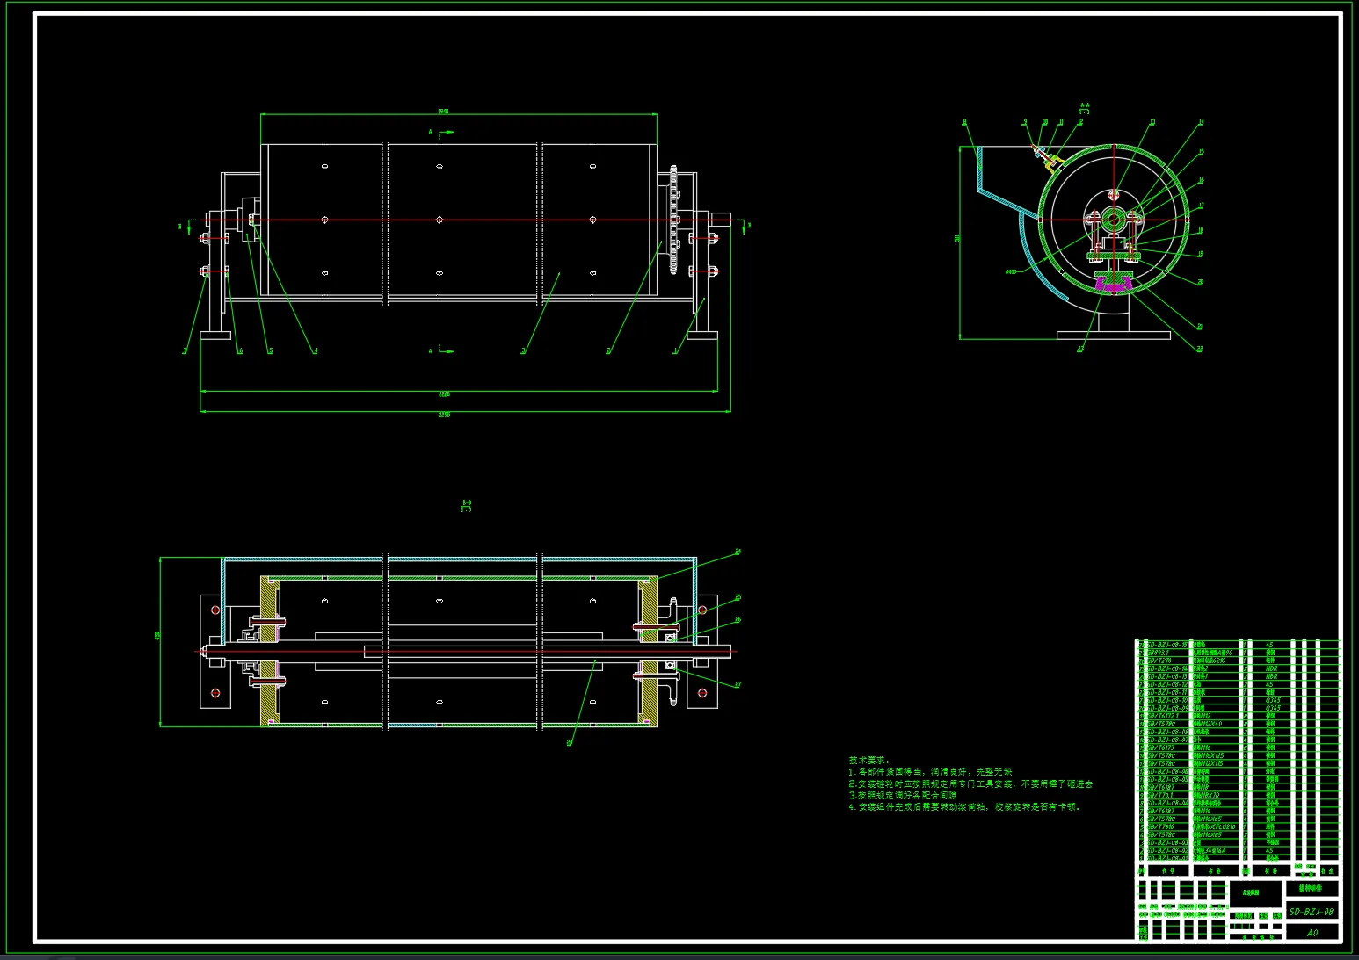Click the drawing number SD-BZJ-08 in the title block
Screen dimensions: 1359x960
click(1312, 912)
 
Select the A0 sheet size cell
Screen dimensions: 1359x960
click(1312, 933)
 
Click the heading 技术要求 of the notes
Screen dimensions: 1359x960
click(868, 761)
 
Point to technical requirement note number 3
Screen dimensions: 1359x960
click(906, 795)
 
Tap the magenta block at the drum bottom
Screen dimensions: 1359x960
click(1112, 283)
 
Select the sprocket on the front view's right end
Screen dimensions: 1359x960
click(674, 220)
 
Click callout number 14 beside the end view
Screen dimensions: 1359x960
click(1202, 123)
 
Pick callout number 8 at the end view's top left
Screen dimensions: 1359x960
click(964, 123)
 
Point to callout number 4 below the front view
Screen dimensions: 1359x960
click(316, 351)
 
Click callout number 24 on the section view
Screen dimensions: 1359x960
click(738, 552)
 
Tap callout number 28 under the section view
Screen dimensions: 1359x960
click(570, 743)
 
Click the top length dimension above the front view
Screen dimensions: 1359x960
click(444, 112)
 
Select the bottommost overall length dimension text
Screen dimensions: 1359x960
click(444, 415)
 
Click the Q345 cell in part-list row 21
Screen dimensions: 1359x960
click(1273, 701)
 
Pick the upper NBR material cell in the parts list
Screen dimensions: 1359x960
click(1271, 669)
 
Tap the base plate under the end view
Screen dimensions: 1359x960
click(1113, 335)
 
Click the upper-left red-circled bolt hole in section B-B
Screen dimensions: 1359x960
click(214, 610)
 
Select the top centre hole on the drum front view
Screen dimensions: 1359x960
click(440, 166)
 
